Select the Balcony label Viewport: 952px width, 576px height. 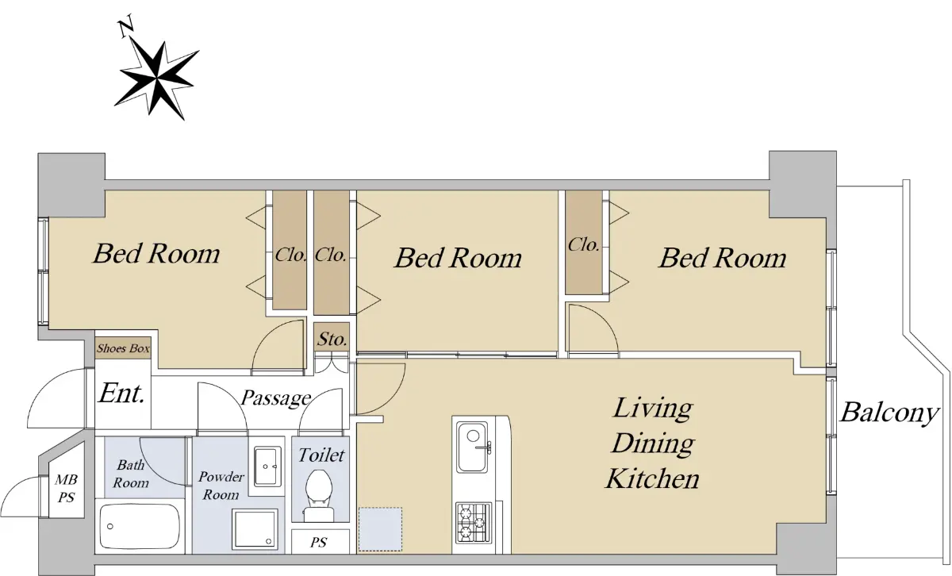(889, 413)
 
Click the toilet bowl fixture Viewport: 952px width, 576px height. (320, 495)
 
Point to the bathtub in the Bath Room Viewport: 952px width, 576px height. (139, 527)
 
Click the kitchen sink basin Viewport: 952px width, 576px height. (473, 447)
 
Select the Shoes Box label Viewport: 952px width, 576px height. (123, 348)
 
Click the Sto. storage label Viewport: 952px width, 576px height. (332, 339)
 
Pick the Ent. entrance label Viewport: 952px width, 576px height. (121, 394)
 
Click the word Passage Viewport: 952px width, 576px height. (276, 399)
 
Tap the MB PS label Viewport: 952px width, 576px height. (67, 489)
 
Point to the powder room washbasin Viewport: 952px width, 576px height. (268, 467)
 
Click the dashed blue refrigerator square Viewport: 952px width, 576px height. (380, 529)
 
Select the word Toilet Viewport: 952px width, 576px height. (321, 455)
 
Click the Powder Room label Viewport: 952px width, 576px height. (221, 486)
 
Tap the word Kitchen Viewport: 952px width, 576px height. (652, 478)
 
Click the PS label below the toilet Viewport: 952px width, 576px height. (319, 543)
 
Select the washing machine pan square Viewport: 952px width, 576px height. (254, 529)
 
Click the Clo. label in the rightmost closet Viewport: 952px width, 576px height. (584, 244)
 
